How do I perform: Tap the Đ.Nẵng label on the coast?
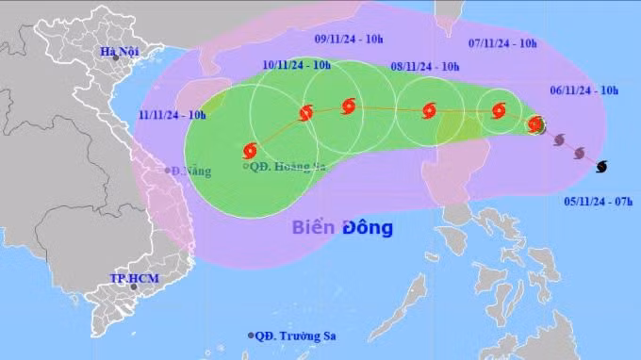pos(190,172)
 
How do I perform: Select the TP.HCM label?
pos(131,280)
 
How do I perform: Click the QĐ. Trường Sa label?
pos(297,335)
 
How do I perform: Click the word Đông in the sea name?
pos(368,227)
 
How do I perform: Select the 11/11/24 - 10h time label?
pos(173,114)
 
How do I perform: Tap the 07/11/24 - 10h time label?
pos(502,42)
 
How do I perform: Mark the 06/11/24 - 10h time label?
pos(583,90)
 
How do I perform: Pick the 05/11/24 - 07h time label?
pos(599,201)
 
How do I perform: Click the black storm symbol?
pos(601,166)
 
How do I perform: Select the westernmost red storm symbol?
pos(251,150)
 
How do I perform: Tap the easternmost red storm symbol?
pos(535,124)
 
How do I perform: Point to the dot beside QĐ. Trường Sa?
pos(252,335)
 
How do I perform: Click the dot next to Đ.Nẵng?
pos(166,171)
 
